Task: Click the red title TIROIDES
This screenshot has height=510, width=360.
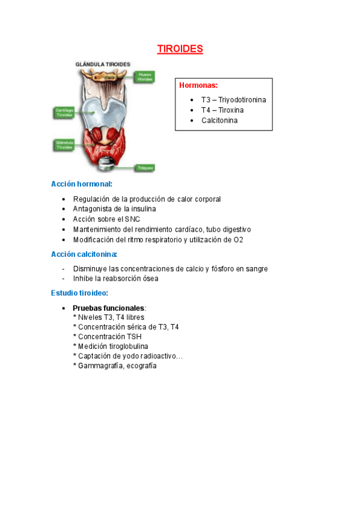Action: (x=180, y=49)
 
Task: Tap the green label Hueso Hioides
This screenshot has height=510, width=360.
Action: (x=144, y=77)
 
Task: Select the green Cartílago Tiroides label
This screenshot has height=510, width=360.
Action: (x=64, y=113)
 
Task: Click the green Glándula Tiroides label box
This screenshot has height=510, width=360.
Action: (x=64, y=145)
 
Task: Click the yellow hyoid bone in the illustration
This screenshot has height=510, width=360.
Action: (x=109, y=76)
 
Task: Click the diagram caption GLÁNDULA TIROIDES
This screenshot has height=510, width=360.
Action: (x=102, y=64)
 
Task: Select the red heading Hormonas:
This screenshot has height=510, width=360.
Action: (x=198, y=85)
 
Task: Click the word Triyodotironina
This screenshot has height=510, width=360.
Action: (x=242, y=100)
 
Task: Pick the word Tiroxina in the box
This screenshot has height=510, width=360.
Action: (x=231, y=110)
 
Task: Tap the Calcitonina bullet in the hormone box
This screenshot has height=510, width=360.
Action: (x=219, y=120)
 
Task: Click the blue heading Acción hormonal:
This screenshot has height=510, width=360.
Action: (x=82, y=184)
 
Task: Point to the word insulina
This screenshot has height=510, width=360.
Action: (x=142, y=209)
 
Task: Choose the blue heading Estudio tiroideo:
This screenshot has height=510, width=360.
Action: (x=80, y=293)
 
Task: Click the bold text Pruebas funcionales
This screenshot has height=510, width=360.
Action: (x=108, y=308)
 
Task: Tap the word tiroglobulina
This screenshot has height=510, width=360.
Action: (x=126, y=346)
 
